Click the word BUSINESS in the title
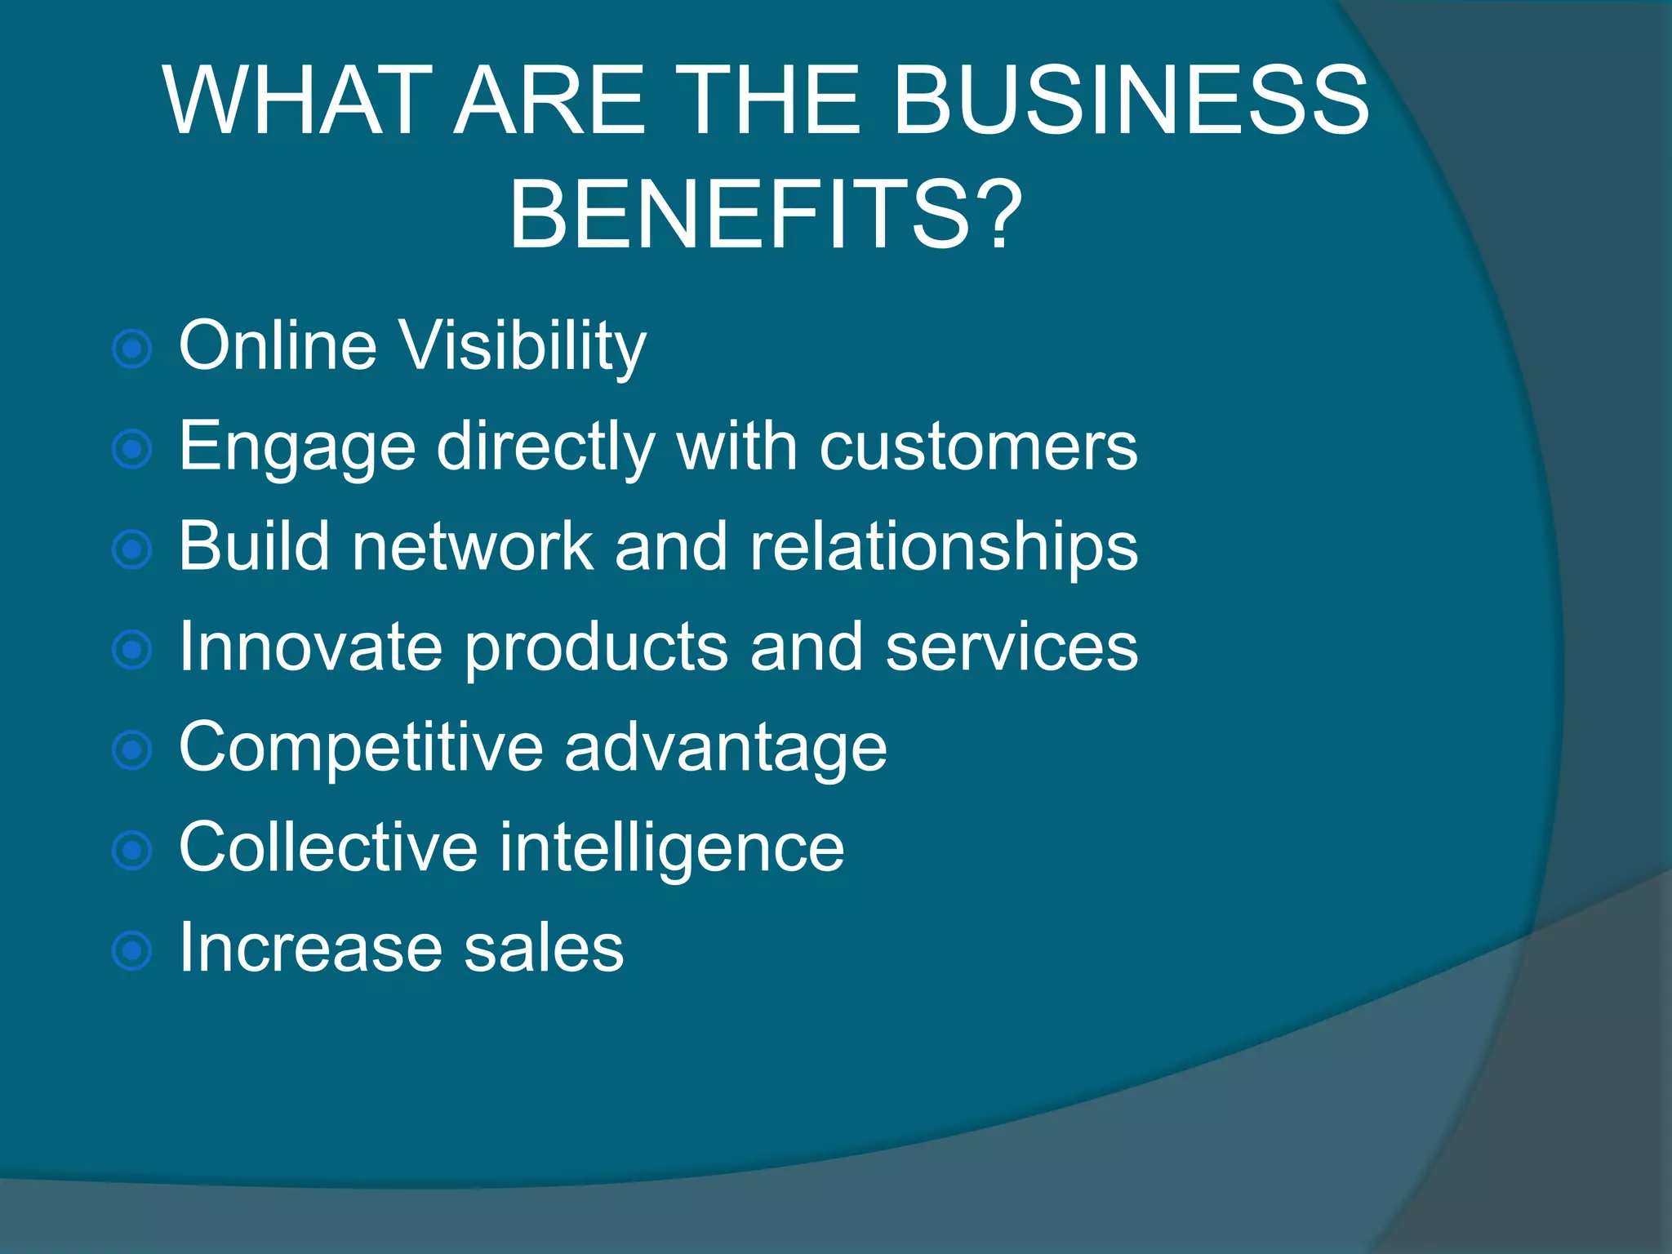tap(1131, 101)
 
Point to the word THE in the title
tap(767, 101)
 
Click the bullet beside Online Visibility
tap(132, 349)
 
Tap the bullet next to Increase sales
tap(132, 951)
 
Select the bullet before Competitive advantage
tap(132, 750)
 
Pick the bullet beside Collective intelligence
tap(132, 851)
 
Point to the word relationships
tap(944, 547)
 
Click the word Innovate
tap(311, 647)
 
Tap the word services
tap(1012, 647)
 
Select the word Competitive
tap(361, 747)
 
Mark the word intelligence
tap(672, 849)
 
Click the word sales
tap(544, 948)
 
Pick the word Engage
tap(297, 448)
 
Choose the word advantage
tap(725, 749)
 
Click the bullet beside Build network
tap(132, 549)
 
